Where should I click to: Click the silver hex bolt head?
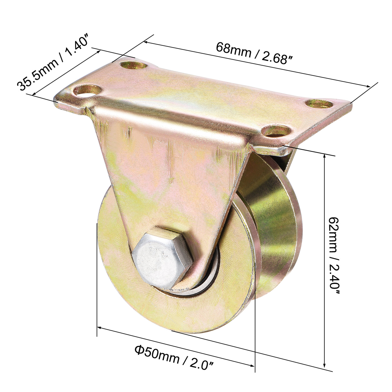pos(162,258)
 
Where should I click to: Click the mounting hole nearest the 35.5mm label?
pos(87,91)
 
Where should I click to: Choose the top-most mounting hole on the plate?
pos(134,66)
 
